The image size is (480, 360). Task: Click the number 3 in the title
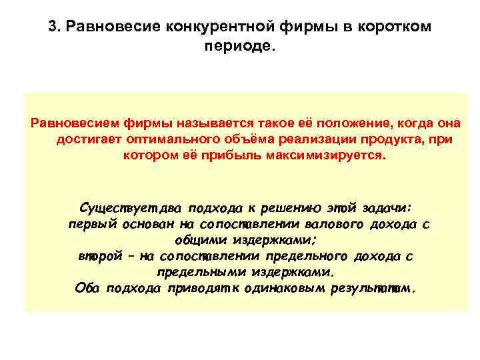(x=53, y=27)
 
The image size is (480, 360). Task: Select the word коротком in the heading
(x=399, y=27)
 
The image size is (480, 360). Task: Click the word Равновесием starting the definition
(x=69, y=123)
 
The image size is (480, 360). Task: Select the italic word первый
(x=93, y=224)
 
